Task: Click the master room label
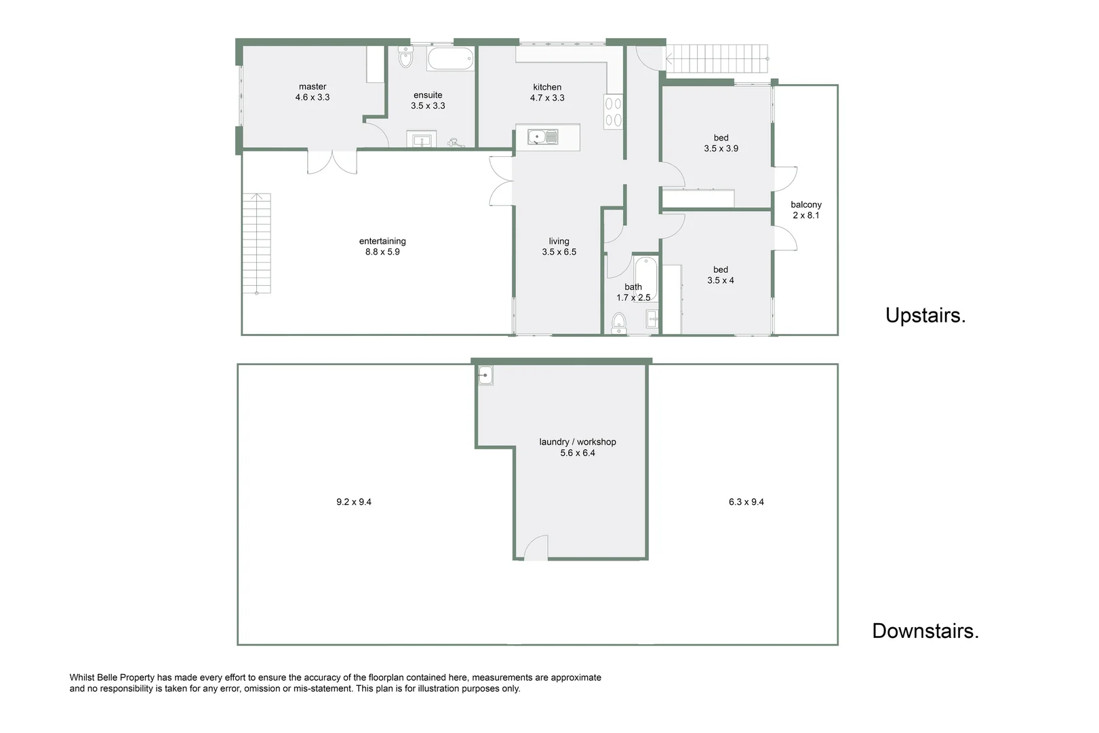tap(312, 87)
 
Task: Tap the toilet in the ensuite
tap(405, 58)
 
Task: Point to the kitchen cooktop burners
tap(613, 112)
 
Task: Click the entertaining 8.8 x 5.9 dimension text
tap(382, 252)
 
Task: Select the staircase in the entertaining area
tap(257, 243)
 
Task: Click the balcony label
tap(805, 204)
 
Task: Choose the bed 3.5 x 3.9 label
tap(721, 143)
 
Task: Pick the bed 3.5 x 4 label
tap(720, 275)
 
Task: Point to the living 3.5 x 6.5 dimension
tap(559, 252)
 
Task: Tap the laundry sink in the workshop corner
tap(485, 375)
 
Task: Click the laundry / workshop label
tap(578, 442)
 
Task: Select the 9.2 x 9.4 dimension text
tap(354, 502)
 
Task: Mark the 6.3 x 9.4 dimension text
tap(746, 502)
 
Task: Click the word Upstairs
tap(925, 316)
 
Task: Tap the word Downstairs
tap(925, 631)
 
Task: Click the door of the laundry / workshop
tap(536, 548)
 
